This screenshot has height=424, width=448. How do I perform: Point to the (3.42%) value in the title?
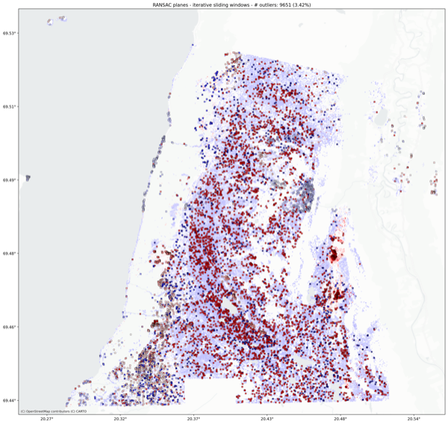click(291, 4)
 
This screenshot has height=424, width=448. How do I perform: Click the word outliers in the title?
click(251, 4)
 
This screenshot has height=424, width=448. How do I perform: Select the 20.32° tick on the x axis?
click(120, 419)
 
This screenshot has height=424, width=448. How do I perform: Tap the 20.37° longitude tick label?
click(194, 419)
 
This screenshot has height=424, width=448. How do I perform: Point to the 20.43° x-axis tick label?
click(267, 419)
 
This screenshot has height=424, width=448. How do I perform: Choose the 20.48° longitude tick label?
click(340, 419)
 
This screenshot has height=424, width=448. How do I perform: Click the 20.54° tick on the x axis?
click(414, 419)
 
